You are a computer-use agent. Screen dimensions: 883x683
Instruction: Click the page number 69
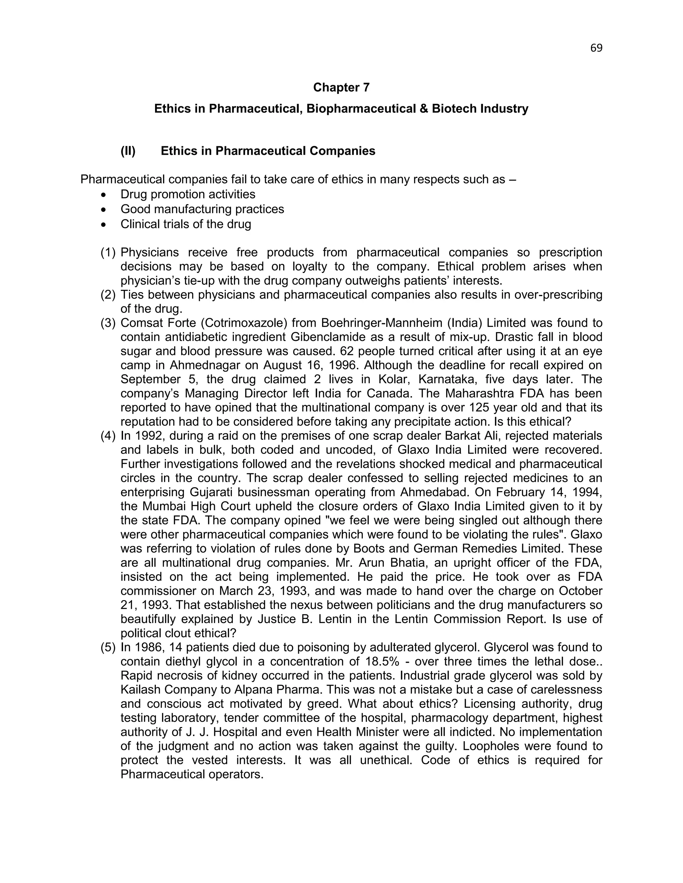click(x=596, y=48)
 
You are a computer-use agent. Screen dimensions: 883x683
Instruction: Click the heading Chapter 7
click(x=341, y=87)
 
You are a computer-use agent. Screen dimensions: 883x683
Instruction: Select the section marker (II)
click(x=128, y=151)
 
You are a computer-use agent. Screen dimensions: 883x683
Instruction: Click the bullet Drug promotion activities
click(x=188, y=195)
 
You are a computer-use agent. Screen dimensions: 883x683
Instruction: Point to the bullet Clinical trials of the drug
click(x=186, y=224)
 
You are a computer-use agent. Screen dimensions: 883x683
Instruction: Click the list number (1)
click(x=108, y=252)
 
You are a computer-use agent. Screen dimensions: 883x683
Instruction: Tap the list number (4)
click(x=108, y=436)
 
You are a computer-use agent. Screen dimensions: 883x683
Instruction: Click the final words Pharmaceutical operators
click(x=192, y=774)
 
